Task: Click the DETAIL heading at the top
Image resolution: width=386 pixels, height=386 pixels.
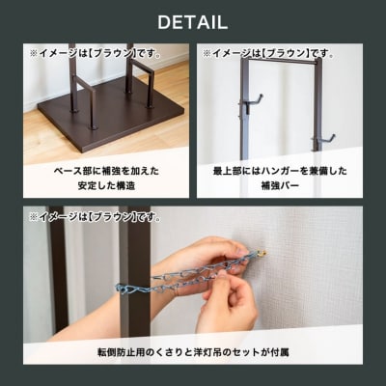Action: tap(193, 22)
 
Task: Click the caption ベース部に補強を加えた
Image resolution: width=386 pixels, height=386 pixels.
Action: tap(106, 171)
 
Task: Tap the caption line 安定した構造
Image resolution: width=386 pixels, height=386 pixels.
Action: tap(106, 185)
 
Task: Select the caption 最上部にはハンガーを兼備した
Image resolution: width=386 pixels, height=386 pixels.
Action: tap(280, 171)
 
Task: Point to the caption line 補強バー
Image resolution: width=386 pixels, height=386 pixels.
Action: tap(280, 185)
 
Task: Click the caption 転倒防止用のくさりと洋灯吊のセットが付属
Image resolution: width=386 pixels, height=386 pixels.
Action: tap(193, 352)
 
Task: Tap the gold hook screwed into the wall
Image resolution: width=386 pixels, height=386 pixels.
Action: tap(262, 254)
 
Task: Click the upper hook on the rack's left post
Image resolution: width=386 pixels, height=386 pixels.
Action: tap(252, 102)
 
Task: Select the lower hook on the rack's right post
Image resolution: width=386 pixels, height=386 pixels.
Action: tap(322, 139)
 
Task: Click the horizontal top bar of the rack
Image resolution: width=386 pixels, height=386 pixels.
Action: tap(279, 60)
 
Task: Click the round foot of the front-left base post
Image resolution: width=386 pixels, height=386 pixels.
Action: tap(93, 127)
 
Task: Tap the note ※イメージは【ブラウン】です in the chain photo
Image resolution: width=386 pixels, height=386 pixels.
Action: tap(96, 217)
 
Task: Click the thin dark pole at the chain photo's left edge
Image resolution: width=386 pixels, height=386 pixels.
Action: tap(59, 270)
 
